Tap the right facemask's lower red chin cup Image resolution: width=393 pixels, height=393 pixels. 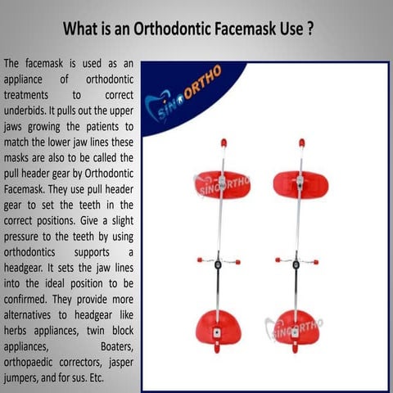point(296,327)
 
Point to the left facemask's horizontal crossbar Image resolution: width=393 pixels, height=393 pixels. point(217,262)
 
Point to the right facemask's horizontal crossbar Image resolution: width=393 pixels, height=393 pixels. point(296,262)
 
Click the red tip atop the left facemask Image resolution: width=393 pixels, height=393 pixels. point(223,142)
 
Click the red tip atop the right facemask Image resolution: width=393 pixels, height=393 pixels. point(301,142)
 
